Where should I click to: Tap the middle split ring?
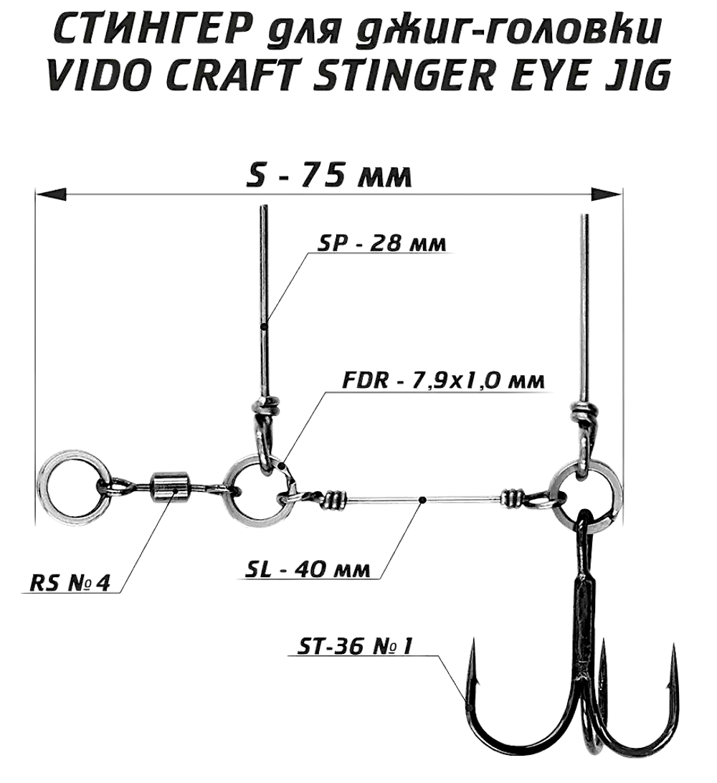coord(252,488)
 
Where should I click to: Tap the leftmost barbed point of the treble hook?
coord(474,649)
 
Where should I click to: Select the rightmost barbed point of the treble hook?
coord(674,649)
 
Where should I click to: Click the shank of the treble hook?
coord(581,602)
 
